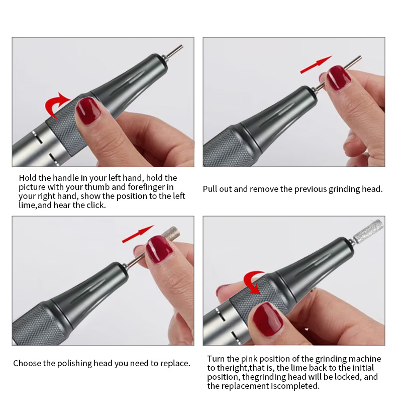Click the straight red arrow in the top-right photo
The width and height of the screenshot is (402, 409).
(316, 64)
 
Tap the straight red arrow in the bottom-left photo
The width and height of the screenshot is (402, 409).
(138, 234)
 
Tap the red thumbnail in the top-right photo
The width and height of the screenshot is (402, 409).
(338, 78)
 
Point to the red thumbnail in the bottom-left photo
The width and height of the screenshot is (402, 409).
(159, 249)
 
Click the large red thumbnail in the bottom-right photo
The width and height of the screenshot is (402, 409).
(268, 320)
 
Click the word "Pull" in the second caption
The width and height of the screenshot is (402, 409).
(210, 189)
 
